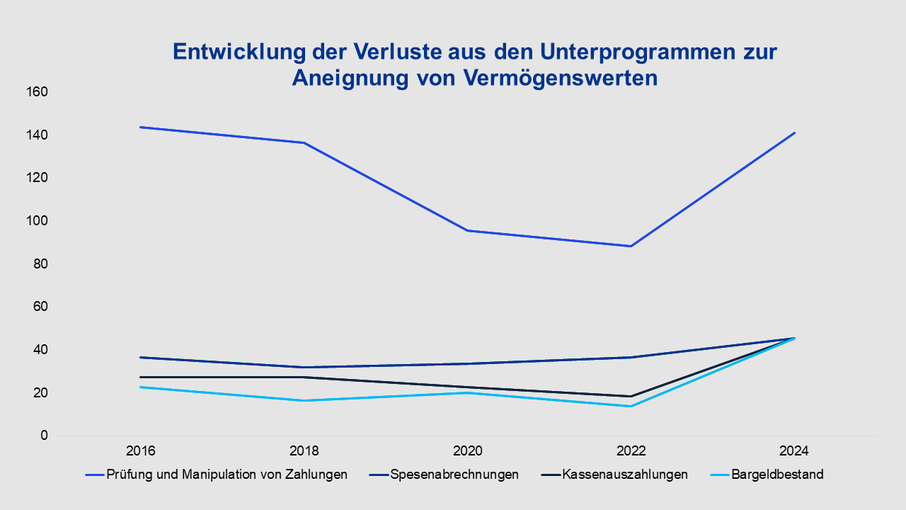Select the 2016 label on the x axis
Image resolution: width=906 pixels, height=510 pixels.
coord(142,451)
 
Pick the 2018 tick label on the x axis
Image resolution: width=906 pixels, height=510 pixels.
coord(304,451)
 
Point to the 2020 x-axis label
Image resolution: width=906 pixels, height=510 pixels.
coord(467,451)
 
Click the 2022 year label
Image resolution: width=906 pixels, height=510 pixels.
coord(630,451)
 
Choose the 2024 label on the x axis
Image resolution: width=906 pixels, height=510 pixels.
coord(793,451)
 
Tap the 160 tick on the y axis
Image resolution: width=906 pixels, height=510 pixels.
coord(38,92)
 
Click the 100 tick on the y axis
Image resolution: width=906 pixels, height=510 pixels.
coord(38,221)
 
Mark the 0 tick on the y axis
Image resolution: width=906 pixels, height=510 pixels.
coord(44,436)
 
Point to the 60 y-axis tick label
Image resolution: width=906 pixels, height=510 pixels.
coord(40,307)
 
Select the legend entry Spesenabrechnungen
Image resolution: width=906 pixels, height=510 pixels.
coord(454,475)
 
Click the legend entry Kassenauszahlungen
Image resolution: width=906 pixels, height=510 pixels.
coord(625,475)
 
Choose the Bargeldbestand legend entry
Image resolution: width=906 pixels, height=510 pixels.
coord(777,475)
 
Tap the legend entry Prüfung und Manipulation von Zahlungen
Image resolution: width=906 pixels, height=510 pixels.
coord(226,475)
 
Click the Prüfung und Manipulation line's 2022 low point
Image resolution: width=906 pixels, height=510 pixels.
coord(630,246)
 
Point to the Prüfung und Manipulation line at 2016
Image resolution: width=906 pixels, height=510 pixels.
coord(142,127)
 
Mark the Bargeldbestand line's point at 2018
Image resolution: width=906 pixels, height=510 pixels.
coord(304,400)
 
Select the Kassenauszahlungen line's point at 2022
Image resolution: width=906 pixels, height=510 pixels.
coord(630,396)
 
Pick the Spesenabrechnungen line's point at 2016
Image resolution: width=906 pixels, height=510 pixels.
coord(142,357)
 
